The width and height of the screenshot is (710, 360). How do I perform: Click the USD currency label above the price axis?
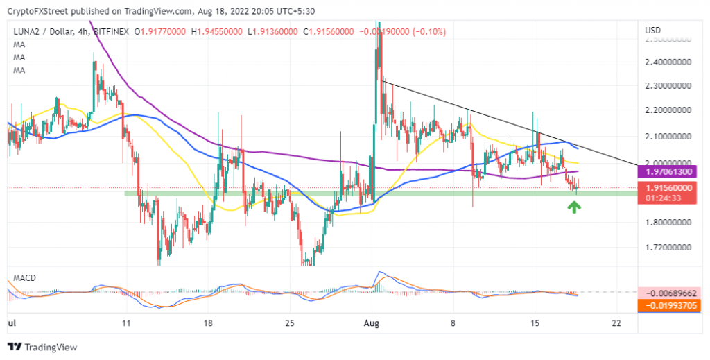(652, 31)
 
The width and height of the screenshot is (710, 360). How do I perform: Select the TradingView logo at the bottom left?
(43, 347)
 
